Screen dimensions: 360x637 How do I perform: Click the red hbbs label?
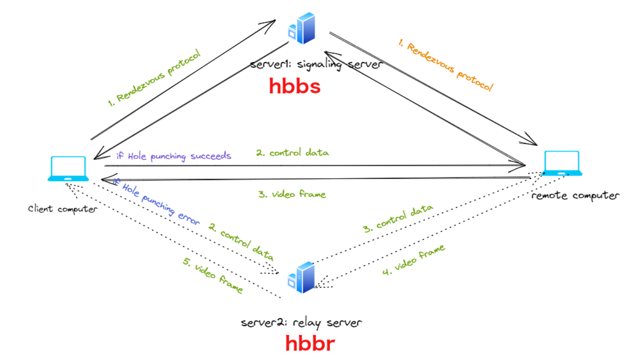(294, 86)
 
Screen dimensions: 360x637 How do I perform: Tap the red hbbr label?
(310, 343)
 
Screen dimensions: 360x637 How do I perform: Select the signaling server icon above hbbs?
(302, 29)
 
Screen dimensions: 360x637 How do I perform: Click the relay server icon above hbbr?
(301, 277)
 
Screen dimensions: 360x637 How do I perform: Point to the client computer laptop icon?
(68, 169)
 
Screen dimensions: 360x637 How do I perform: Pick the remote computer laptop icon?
(562, 163)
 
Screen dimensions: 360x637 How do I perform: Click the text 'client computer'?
(63, 209)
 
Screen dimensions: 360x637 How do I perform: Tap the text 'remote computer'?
(575, 196)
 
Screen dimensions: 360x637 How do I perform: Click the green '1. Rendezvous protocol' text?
(154, 78)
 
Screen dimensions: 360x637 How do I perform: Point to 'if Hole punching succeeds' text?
(174, 156)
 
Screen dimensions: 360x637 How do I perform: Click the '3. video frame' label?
(292, 194)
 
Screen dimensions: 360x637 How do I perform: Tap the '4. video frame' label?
(413, 260)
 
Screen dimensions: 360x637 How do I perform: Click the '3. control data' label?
(398, 218)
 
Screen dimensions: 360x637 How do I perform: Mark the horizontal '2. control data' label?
(293, 153)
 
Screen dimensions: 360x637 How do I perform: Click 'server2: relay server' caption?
(301, 323)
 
